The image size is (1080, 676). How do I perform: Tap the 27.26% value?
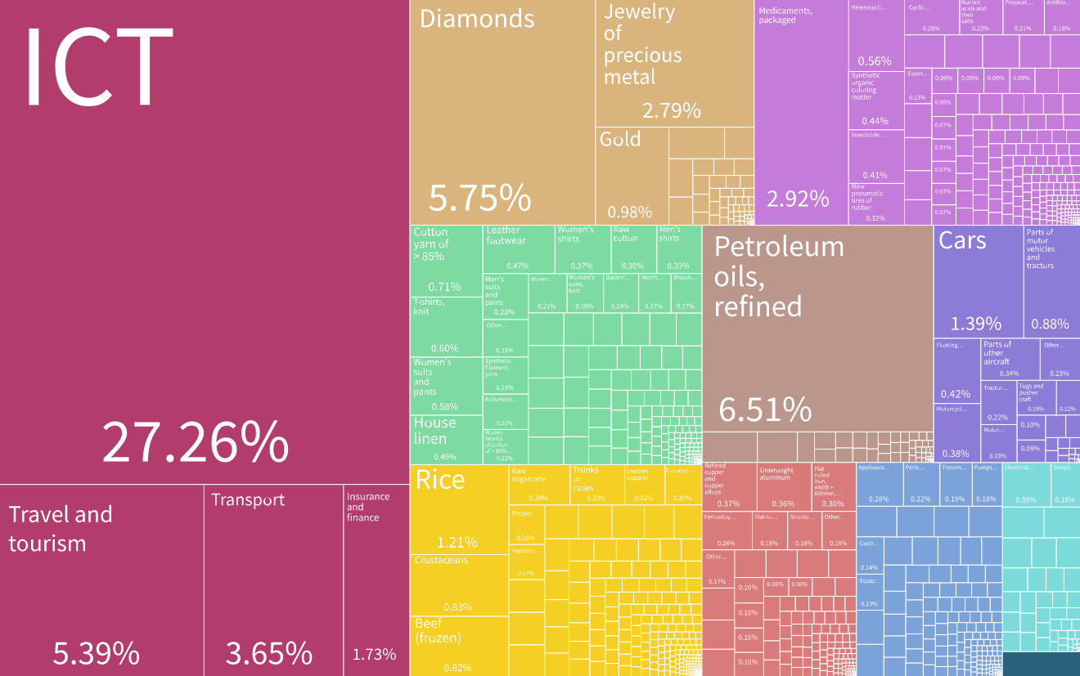[195, 443]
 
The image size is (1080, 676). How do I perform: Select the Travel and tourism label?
[60, 528]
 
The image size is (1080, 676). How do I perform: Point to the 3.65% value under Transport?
[269, 653]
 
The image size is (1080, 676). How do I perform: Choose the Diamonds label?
[477, 19]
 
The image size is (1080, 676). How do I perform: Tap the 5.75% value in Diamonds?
[480, 199]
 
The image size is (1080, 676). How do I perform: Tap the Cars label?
[962, 240]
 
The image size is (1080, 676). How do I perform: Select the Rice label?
[440, 480]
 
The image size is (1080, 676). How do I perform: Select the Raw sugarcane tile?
[538, 484]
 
